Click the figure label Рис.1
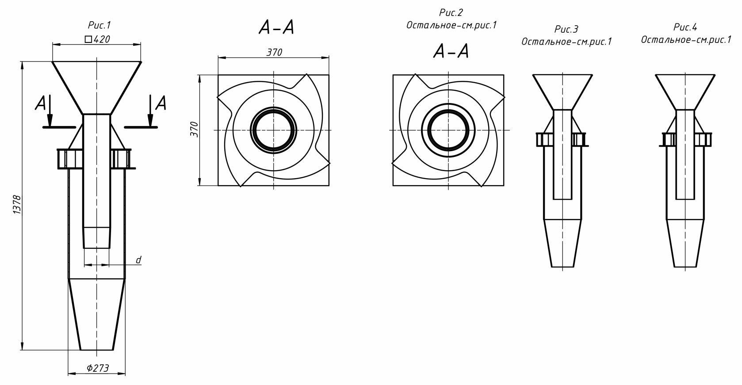coord(99,25)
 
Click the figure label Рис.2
coord(451,12)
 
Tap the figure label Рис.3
coord(566,30)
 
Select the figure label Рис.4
coord(685,27)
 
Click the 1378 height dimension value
coord(17,205)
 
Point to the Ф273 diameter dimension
coord(97,368)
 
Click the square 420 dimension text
coord(97,39)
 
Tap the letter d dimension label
coord(138,260)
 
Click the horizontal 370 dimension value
coord(274,52)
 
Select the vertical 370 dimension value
coord(194,130)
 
